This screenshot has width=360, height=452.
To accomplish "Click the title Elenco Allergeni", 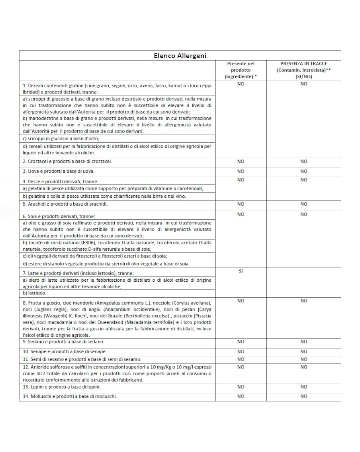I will tap(180, 56).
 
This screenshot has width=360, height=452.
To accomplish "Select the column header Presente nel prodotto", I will tap(241, 70).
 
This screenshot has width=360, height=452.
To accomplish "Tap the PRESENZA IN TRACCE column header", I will tap(304, 70).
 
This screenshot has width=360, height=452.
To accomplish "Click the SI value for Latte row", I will tap(241, 271).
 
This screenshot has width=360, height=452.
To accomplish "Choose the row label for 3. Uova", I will tap(59, 171).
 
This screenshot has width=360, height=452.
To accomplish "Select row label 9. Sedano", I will tap(64, 342).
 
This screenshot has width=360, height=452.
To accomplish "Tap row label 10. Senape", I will tap(64, 352).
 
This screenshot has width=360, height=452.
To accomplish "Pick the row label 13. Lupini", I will tap(62, 387).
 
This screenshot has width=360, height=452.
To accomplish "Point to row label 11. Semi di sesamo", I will tap(82, 359).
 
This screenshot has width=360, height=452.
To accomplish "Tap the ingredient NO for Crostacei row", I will tap(241, 161).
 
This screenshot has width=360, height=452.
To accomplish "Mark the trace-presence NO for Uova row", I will tap(304, 171).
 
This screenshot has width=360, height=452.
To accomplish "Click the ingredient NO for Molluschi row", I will tap(241, 396).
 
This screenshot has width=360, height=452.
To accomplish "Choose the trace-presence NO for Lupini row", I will tap(304, 387).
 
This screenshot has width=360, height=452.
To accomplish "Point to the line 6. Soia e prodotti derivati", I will tap(59, 216).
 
